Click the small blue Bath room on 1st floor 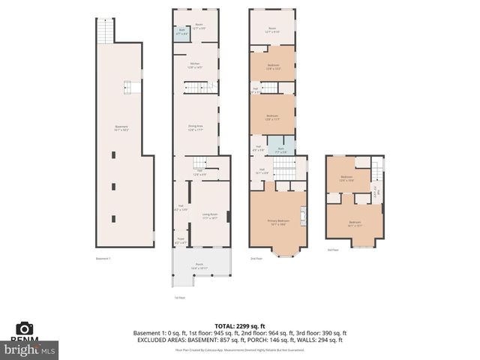(x=181, y=31)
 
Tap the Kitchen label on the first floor (x=195, y=64)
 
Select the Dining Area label (x=195, y=127)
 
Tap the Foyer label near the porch (x=180, y=241)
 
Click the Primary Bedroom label (x=278, y=222)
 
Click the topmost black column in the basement (x=113, y=154)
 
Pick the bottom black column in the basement (x=113, y=218)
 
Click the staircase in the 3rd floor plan (x=377, y=180)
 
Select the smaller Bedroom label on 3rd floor (x=346, y=179)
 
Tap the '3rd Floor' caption (x=332, y=250)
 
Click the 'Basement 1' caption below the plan (x=103, y=259)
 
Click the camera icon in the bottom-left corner (x=25, y=328)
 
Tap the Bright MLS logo (x=30, y=349)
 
